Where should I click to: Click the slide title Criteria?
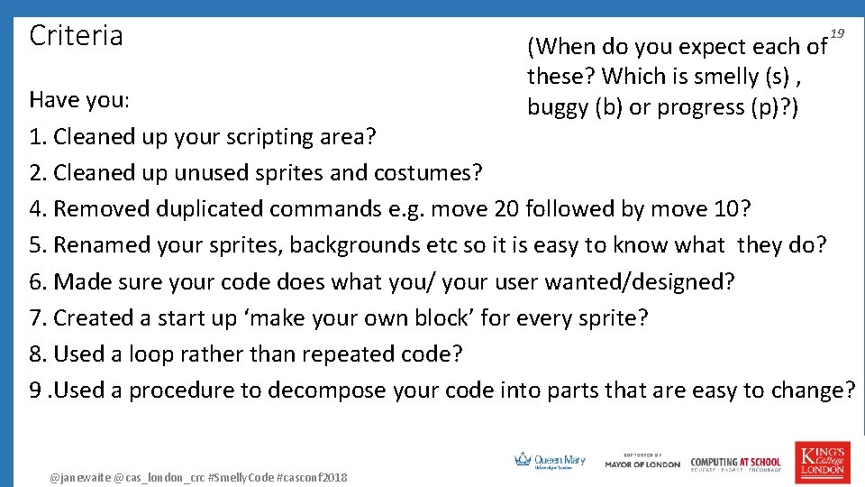(x=76, y=36)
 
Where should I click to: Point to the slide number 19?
(x=837, y=33)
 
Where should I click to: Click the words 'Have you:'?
(x=80, y=100)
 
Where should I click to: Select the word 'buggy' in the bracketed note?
(x=558, y=107)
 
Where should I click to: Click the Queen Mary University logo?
(x=550, y=461)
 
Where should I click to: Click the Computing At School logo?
(x=735, y=462)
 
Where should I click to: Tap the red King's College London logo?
(x=820, y=460)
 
